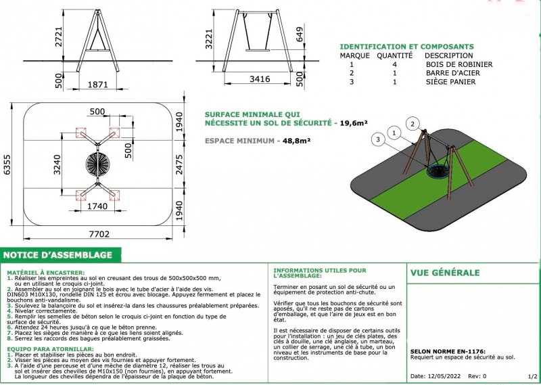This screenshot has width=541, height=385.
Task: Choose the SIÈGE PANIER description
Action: (x=450, y=82)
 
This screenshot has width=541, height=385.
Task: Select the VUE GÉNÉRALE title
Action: (x=445, y=273)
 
